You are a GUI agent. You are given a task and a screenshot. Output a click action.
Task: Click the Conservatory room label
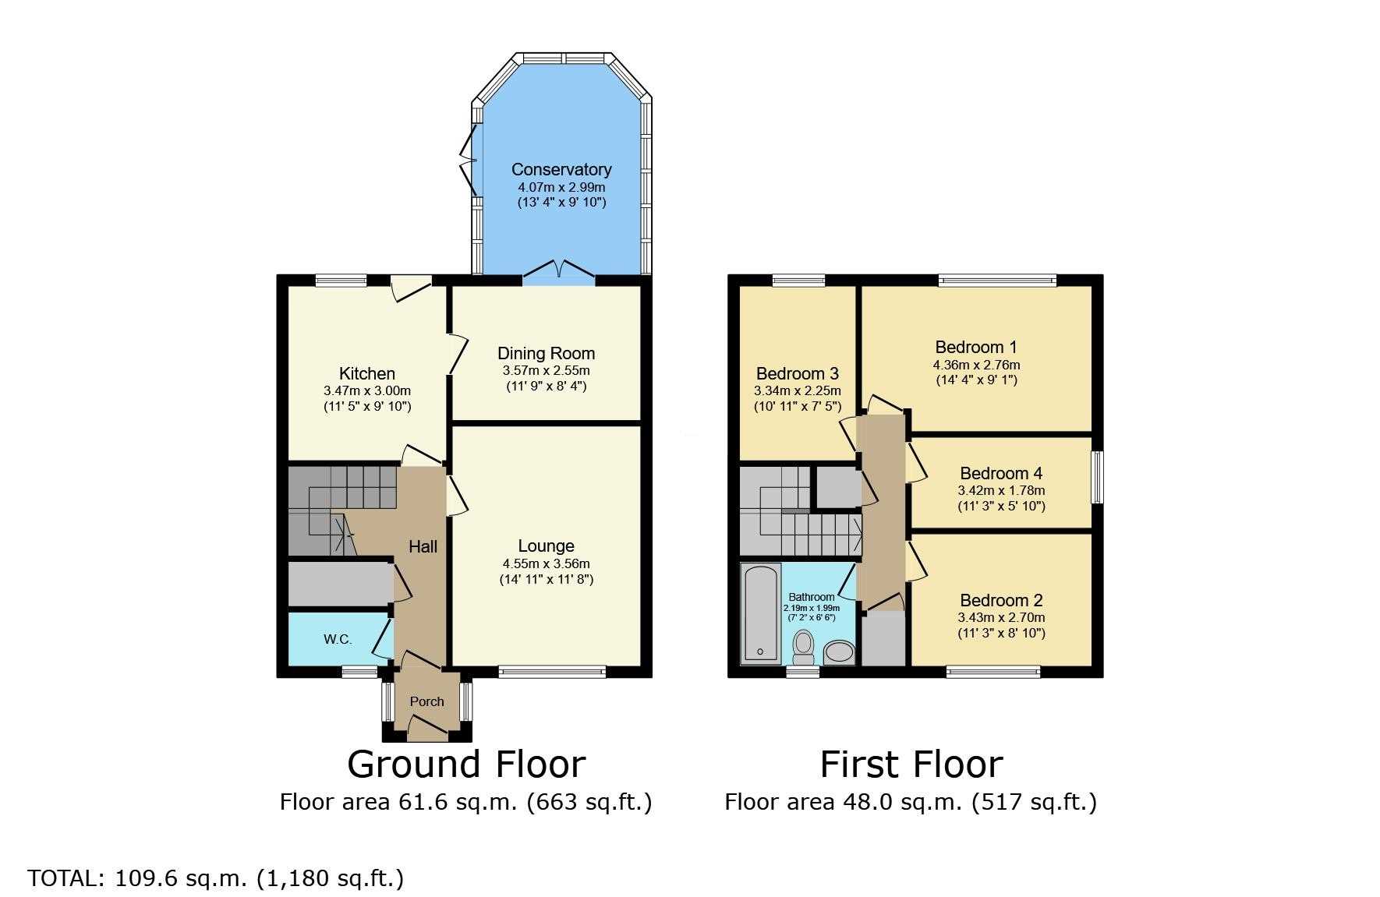point(561,169)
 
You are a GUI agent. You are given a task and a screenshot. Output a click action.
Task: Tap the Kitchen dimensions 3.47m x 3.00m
point(367,390)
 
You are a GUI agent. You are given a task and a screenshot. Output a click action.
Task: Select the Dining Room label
point(546,354)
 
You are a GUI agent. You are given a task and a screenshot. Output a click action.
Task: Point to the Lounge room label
point(546,546)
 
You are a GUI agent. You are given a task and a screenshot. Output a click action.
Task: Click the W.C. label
point(338,639)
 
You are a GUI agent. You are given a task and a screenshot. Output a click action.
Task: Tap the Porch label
point(427,701)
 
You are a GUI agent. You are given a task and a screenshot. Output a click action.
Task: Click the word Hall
point(423,547)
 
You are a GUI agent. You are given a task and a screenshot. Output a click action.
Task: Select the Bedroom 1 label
point(976,348)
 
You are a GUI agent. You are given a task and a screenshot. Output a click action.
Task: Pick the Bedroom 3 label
point(798,374)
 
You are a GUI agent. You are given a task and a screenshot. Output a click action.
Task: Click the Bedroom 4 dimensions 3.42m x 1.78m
point(1001,491)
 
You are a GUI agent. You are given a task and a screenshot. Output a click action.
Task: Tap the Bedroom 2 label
point(1001,600)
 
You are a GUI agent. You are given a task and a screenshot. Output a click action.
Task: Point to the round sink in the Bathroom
point(838,652)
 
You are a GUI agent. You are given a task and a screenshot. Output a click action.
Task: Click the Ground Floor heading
point(466,765)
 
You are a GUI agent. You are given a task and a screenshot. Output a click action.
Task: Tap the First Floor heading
point(911,765)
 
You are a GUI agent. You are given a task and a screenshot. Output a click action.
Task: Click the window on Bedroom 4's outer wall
point(1097,476)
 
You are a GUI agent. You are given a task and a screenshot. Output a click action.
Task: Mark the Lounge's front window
point(552,671)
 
